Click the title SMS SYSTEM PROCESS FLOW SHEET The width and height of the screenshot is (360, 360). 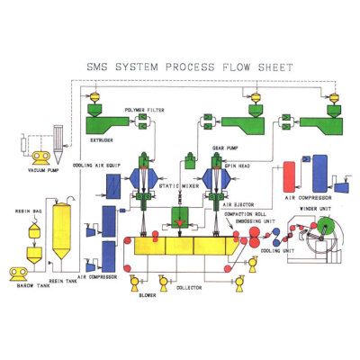pos(180,65)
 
